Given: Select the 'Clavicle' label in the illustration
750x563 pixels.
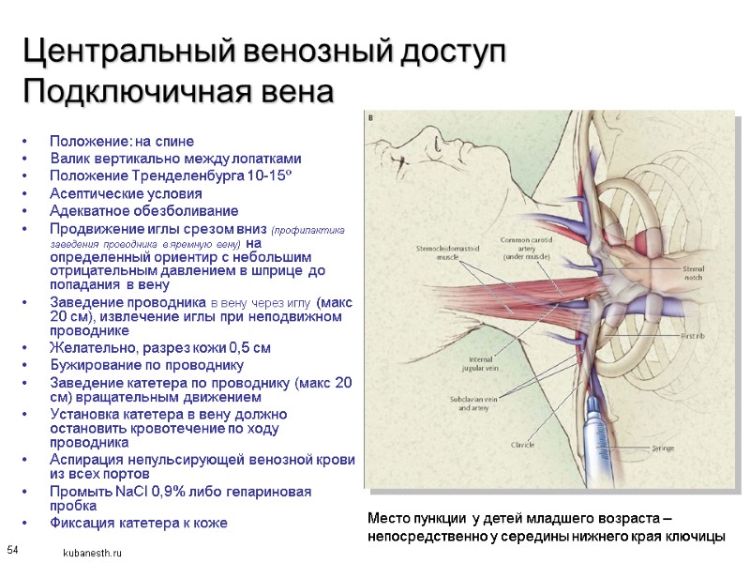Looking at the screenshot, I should (523, 444).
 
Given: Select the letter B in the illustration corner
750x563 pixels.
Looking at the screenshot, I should (370, 117).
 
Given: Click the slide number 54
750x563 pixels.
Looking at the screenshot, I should (13, 548).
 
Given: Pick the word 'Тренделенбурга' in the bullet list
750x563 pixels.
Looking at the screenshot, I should (174, 175).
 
